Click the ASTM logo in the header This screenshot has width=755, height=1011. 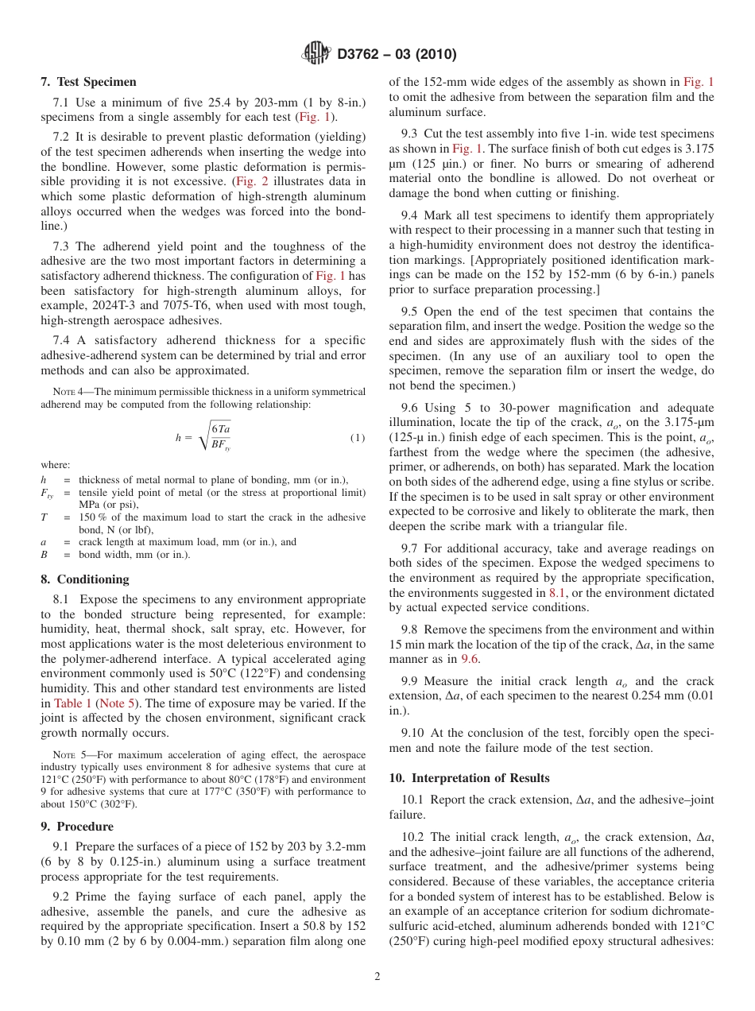click(x=317, y=54)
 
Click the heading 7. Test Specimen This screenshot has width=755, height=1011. click(x=88, y=82)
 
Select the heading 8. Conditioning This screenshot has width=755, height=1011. click(x=84, y=579)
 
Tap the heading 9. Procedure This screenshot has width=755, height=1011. click(x=77, y=827)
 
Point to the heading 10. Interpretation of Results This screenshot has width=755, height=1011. click(x=469, y=777)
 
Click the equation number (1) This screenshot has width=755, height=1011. click(x=358, y=438)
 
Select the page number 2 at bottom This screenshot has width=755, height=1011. click(x=377, y=977)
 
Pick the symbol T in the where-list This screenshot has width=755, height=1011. click(x=45, y=517)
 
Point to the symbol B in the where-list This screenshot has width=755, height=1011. click(x=45, y=554)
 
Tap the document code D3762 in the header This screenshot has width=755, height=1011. click(x=362, y=55)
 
